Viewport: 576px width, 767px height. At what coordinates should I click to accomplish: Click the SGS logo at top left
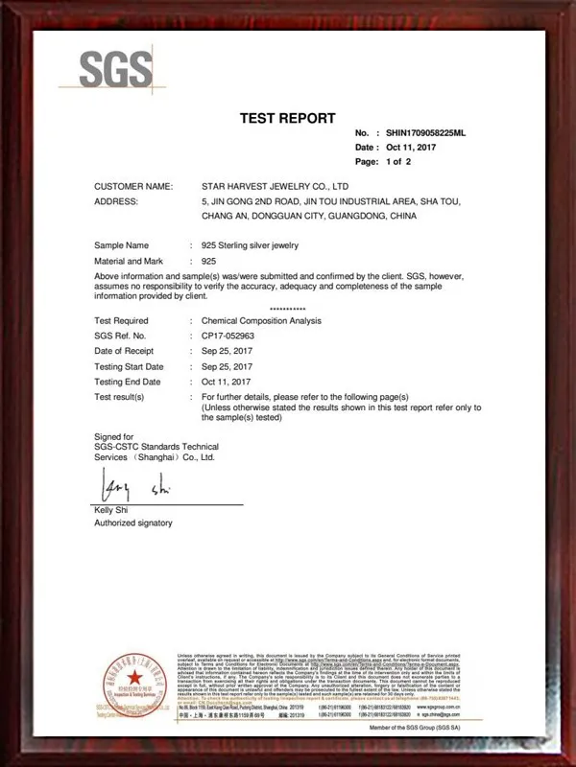(x=115, y=69)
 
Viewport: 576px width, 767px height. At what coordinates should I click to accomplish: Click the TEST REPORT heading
(x=287, y=118)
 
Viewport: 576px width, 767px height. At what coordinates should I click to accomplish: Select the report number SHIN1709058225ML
(x=424, y=133)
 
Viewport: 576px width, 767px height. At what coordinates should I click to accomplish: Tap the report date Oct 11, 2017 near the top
(x=412, y=148)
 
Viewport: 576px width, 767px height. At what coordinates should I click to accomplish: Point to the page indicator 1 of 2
(x=397, y=162)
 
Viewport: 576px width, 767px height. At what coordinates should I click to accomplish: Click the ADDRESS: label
(x=116, y=201)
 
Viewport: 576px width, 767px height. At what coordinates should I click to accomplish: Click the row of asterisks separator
(x=287, y=309)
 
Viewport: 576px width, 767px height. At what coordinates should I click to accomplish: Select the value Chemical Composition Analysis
(x=261, y=320)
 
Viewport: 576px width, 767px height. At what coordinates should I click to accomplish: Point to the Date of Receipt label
(x=128, y=351)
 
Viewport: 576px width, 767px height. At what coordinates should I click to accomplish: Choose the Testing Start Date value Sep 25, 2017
(x=227, y=366)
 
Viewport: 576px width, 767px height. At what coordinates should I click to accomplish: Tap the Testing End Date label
(x=128, y=382)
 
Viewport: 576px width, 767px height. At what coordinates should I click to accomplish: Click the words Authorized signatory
(x=132, y=523)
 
